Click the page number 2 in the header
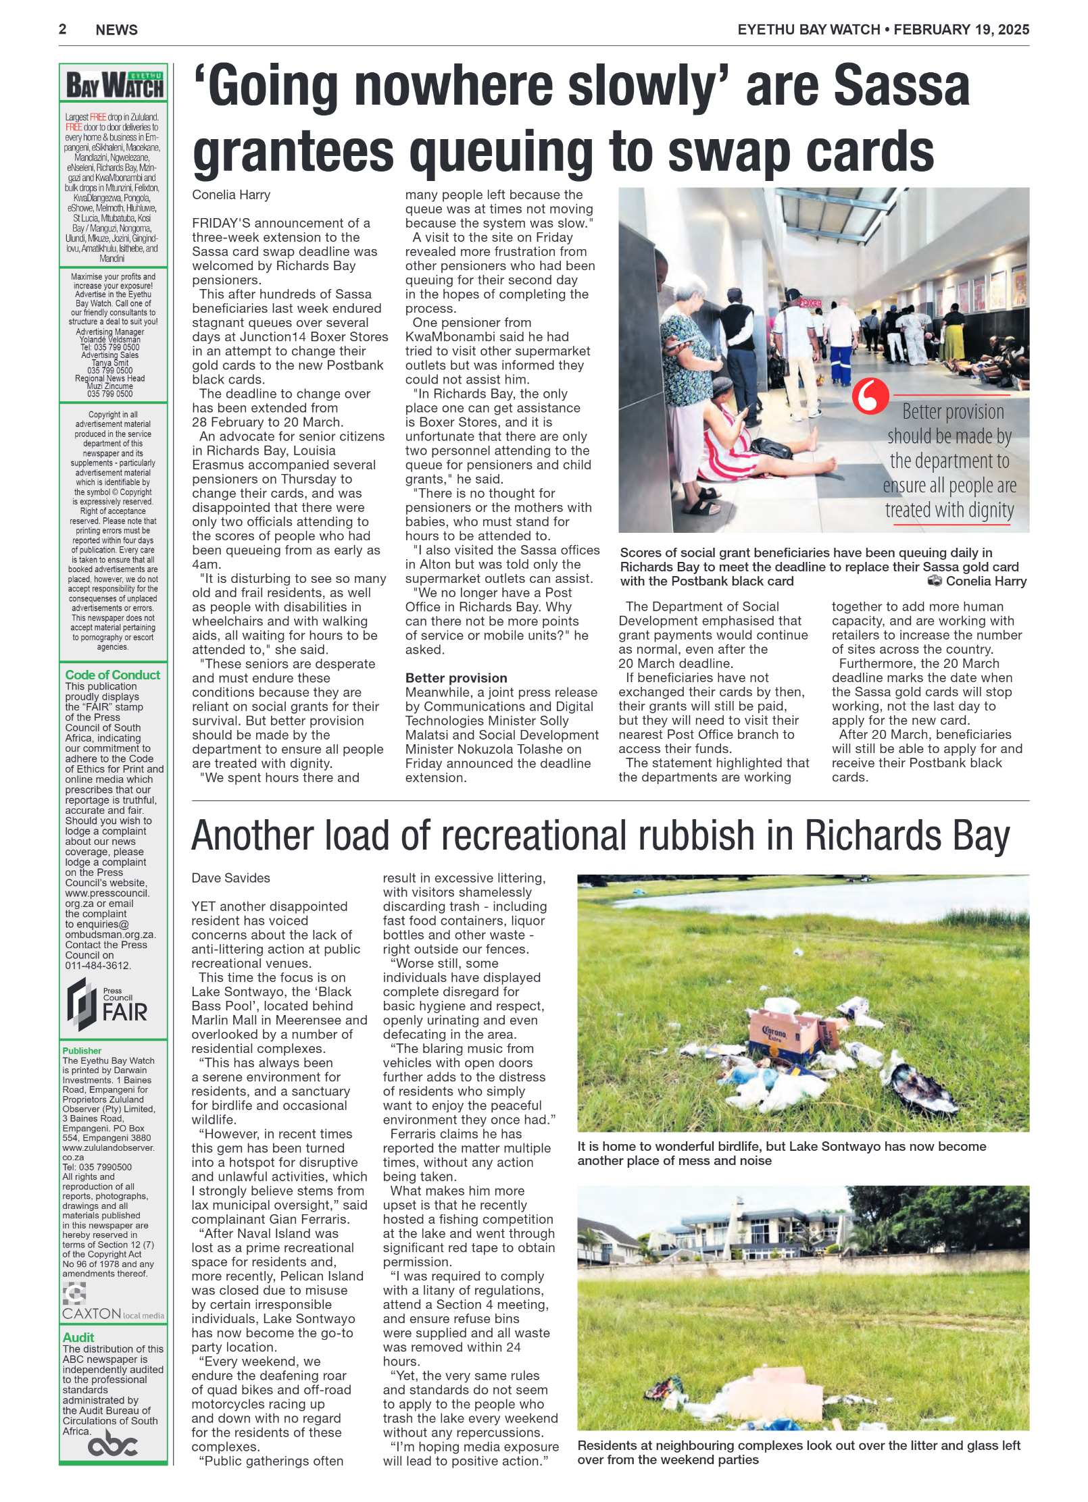[x=62, y=29]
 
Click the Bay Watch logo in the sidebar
[x=114, y=86]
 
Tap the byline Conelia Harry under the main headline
[x=230, y=195]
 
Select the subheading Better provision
[x=455, y=678]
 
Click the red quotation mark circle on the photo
[x=869, y=396]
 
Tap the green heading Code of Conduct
[x=112, y=675]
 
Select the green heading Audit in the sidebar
[x=78, y=1337]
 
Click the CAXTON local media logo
[x=112, y=1313]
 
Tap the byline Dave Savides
[x=230, y=878]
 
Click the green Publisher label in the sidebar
[x=82, y=1051]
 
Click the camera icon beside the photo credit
[x=934, y=581]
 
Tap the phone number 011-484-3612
[x=97, y=966]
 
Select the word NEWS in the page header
[x=116, y=30]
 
